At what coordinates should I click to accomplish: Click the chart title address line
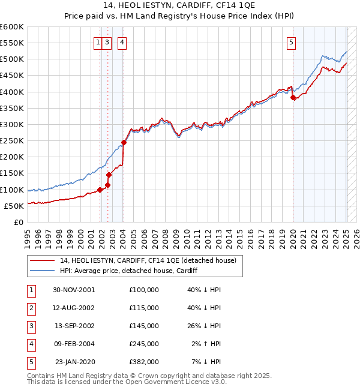click(x=179, y=7)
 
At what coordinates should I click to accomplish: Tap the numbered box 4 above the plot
click(x=122, y=42)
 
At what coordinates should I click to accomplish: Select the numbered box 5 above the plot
click(x=291, y=42)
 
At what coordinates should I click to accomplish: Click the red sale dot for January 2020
click(x=293, y=98)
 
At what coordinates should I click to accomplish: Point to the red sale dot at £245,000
click(x=124, y=142)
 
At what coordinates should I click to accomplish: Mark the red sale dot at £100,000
click(x=100, y=190)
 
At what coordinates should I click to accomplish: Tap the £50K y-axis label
click(x=14, y=206)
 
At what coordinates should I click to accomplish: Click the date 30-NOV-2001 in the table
click(x=74, y=290)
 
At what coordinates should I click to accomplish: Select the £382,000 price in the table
click(x=144, y=362)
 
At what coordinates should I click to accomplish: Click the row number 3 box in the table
click(x=30, y=326)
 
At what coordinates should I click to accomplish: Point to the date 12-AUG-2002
click(x=74, y=308)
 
